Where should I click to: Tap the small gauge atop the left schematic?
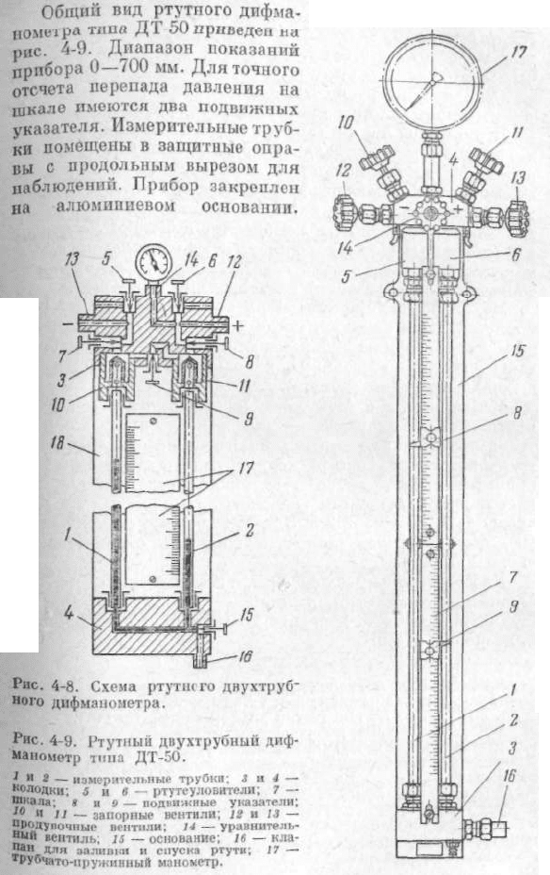click(154, 262)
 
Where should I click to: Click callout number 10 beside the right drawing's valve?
click(346, 124)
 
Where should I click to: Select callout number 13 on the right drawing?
click(518, 178)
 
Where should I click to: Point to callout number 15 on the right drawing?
click(518, 351)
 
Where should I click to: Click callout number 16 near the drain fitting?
click(510, 775)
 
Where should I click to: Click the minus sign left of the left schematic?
click(66, 323)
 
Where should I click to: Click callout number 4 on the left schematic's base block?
click(68, 613)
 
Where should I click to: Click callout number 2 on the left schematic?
click(250, 530)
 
